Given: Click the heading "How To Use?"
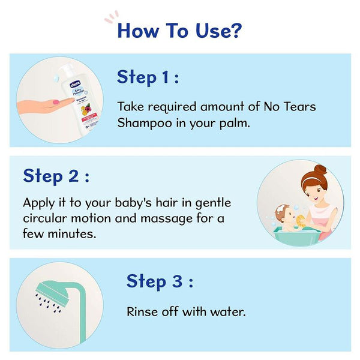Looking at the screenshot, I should click(x=179, y=29).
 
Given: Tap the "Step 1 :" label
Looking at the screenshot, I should click(x=147, y=77).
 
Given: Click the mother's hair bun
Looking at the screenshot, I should click(x=320, y=170).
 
